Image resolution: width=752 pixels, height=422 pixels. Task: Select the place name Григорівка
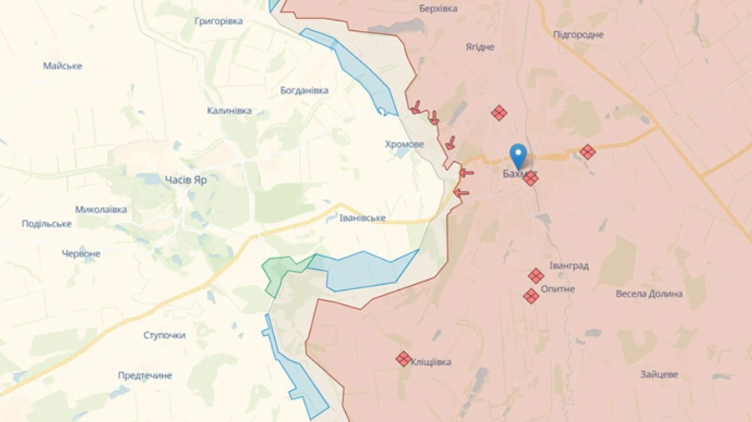coord(218,21)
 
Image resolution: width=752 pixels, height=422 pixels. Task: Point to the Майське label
coord(63,65)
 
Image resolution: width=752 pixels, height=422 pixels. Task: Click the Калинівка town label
coord(229,110)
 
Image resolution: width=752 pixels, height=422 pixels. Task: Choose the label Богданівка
coord(304,90)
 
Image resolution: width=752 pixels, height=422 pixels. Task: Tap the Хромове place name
coord(404,145)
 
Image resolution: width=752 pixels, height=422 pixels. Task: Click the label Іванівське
coord(363,217)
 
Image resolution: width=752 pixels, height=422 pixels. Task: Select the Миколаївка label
coord(101,209)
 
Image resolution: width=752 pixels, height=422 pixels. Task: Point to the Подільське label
coord(47,223)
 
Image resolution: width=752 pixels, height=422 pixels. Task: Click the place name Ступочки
coord(165,335)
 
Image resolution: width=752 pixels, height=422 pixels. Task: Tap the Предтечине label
coord(145,375)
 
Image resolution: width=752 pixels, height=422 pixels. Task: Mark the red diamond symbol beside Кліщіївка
coord(404,358)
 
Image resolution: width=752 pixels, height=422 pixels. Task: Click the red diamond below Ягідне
coord(499,113)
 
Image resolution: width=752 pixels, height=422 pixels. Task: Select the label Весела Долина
coord(648,293)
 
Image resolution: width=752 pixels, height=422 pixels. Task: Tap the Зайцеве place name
coord(659,374)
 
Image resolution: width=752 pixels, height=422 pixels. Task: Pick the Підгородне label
coord(578,34)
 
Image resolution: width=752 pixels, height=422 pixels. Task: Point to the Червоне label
coord(81,253)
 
